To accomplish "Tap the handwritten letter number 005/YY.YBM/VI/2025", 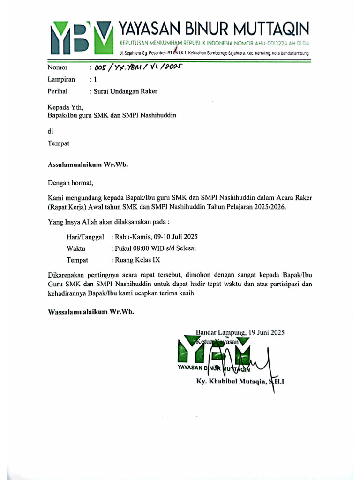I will click(137, 67).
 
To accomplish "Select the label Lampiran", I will click(61, 80).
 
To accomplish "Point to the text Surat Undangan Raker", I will click(126, 91).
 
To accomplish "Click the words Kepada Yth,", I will click(65, 107).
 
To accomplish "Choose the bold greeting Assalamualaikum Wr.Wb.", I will click(88, 165).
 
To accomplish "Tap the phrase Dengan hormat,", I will click(71, 182).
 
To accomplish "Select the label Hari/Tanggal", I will click(85, 237).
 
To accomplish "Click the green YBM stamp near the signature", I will click(214, 354).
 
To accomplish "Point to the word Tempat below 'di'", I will click(58, 143).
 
